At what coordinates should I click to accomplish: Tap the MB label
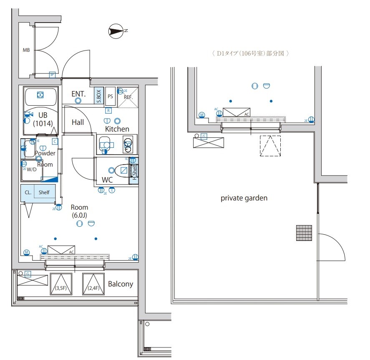[x=26, y=50]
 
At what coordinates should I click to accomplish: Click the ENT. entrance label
[x=78, y=94]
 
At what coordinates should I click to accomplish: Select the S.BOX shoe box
[x=99, y=96]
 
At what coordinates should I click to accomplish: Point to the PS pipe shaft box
[x=111, y=96]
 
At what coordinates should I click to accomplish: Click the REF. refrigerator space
[x=127, y=97]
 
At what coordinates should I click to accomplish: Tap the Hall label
[x=78, y=122]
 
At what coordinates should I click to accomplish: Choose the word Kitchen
[x=117, y=129]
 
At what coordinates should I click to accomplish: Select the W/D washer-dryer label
[x=32, y=170]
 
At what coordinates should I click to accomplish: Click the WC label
[x=107, y=180]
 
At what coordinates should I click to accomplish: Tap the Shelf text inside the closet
[x=44, y=193]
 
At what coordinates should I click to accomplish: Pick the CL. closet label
[x=28, y=193]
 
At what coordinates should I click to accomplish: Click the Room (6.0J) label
[x=79, y=211]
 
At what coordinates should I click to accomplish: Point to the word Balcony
[x=121, y=284]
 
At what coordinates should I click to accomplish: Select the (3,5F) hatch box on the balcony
[x=61, y=284]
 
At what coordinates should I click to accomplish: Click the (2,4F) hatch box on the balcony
[x=93, y=284]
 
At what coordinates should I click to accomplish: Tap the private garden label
[x=244, y=198]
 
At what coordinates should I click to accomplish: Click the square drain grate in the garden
[x=304, y=233]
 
